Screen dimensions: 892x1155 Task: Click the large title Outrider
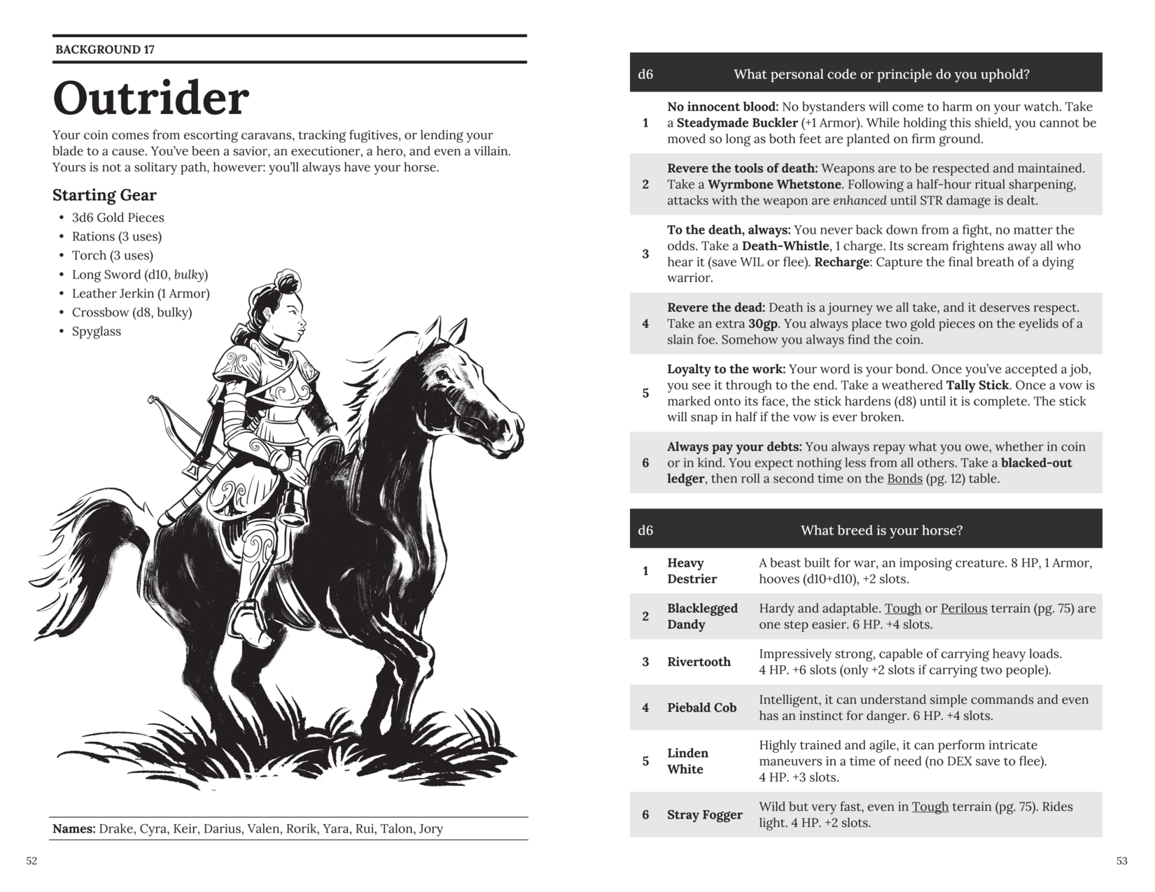(x=150, y=98)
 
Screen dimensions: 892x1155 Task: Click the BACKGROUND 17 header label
(x=104, y=50)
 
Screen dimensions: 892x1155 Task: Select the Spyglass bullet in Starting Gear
(x=96, y=332)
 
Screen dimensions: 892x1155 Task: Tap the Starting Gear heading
(x=104, y=195)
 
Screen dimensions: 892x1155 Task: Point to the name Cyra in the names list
(x=153, y=829)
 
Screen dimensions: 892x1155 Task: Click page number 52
(x=31, y=861)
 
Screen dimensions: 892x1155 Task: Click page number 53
(x=1122, y=861)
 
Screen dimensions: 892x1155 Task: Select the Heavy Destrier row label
(x=692, y=571)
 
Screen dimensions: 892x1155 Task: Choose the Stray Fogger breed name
(x=704, y=815)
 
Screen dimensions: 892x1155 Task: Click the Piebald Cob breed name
(x=701, y=708)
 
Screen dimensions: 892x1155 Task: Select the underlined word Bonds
(x=904, y=479)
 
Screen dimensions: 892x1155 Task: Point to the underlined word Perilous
(x=964, y=609)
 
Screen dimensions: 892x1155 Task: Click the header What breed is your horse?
(x=881, y=530)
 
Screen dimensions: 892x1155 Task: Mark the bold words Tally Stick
(x=977, y=385)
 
